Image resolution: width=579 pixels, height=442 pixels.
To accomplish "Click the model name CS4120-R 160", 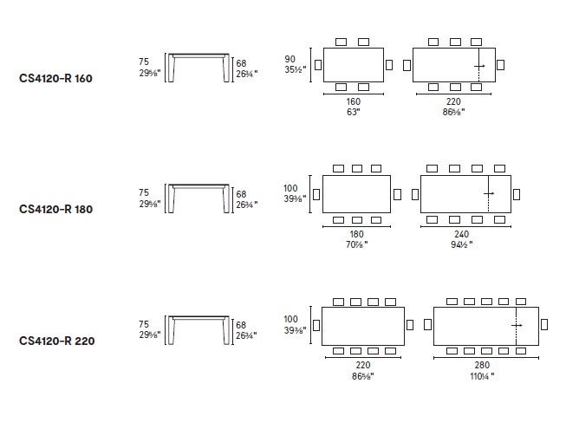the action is pyautogui.click(x=55, y=78).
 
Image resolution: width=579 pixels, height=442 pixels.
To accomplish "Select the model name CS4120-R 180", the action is pyautogui.click(x=55, y=210).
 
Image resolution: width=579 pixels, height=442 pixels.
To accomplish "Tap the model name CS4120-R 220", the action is pyautogui.click(x=57, y=341).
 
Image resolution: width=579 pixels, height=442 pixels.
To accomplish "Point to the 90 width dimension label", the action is pyautogui.click(x=289, y=59).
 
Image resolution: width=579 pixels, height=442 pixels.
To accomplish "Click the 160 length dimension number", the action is pyautogui.click(x=354, y=101).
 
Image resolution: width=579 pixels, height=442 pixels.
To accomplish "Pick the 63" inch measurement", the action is pyautogui.click(x=354, y=112).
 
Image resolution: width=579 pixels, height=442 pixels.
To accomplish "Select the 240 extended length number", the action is pyautogui.click(x=462, y=234).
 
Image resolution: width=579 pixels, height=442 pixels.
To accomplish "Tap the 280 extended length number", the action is pyautogui.click(x=482, y=365).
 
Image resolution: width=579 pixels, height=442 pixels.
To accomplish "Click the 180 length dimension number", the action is pyautogui.click(x=357, y=234).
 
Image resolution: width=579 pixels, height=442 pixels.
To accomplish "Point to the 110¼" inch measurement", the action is pyautogui.click(x=482, y=376).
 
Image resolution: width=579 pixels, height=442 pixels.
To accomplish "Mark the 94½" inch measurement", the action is pyautogui.click(x=462, y=244).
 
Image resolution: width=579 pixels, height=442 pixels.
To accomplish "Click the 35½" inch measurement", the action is pyautogui.click(x=295, y=69).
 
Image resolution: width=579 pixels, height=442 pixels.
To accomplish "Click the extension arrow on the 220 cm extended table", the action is pyautogui.click(x=479, y=66).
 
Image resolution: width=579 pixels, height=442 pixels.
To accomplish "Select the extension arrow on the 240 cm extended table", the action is pyautogui.click(x=489, y=193).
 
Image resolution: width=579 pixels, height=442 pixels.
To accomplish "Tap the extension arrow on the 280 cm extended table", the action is pyautogui.click(x=517, y=325).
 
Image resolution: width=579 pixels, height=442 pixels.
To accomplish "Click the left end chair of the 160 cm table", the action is pyautogui.click(x=318, y=65).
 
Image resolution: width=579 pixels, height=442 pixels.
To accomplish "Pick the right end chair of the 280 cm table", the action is pyautogui.click(x=544, y=325).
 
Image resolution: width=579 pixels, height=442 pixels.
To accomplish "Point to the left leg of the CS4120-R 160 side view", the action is pyautogui.click(x=171, y=68).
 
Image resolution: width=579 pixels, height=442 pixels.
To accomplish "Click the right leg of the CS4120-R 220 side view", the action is pyautogui.click(x=226, y=331).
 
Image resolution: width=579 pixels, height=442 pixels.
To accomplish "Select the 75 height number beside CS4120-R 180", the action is pyautogui.click(x=144, y=192).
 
